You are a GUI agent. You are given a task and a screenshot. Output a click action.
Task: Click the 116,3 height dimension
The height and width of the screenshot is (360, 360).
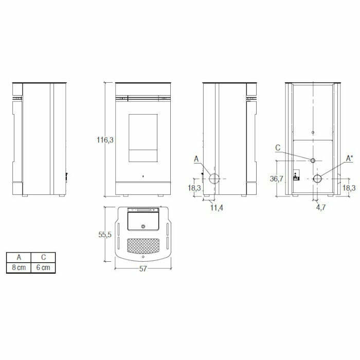coord(105,140)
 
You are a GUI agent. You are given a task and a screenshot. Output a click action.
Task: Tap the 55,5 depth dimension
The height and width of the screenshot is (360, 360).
coord(105,235)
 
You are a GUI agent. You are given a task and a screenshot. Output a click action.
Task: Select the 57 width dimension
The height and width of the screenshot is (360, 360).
coord(143,269)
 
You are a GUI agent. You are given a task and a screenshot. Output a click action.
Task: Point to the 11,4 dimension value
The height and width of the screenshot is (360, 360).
coord(217,208)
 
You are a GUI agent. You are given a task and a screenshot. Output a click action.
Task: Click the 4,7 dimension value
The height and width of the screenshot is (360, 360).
coord(321,207)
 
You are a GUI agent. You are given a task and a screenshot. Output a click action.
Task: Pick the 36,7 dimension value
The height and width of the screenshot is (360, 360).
coord(277,178)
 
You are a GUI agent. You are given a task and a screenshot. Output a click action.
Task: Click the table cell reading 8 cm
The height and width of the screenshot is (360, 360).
coord(19,267)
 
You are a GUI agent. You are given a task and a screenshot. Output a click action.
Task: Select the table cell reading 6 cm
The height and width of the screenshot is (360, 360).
coord(43,267)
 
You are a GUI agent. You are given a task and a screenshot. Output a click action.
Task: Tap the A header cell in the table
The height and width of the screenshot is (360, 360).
coord(19,257)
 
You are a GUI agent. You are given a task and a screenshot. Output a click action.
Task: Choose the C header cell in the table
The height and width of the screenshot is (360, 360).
coord(43,257)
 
